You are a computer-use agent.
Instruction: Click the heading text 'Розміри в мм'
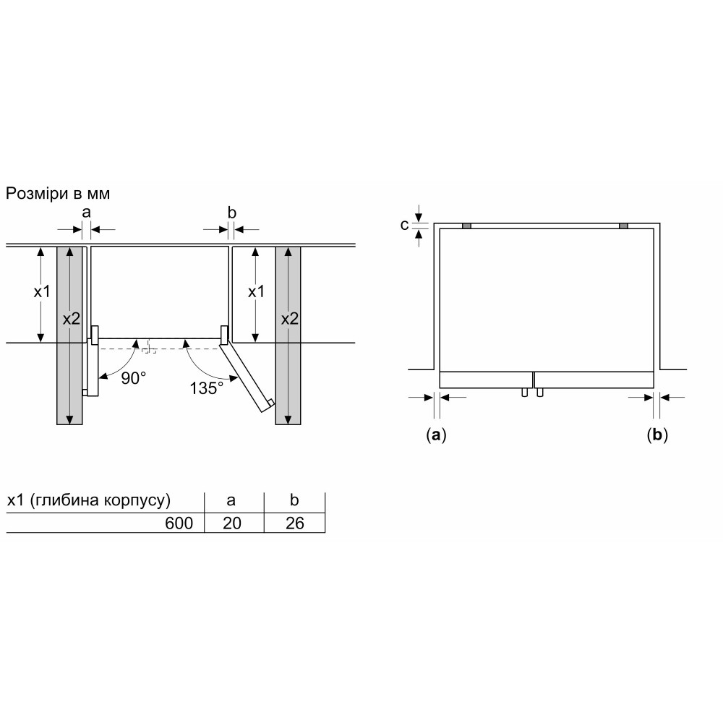pyautogui.click(x=58, y=194)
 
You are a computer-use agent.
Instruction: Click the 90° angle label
pyautogui.click(x=134, y=379)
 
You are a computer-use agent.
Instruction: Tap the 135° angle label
pyautogui.click(x=207, y=388)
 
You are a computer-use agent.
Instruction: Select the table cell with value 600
pyautogui.click(x=179, y=523)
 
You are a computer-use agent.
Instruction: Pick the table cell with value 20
pyautogui.click(x=232, y=523)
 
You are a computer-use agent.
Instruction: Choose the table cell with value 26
pyautogui.click(x=295, y=523)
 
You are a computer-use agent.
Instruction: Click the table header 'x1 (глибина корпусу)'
pyautogui.click(x=88, y=500)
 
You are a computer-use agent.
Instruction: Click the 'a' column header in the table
pyautogui.click(x=231, y=500)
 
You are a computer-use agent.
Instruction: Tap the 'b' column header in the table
pyautogui.click(x=294, y=500)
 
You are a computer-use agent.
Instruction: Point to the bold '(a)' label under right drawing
pyautogui.click(x=436, y=435)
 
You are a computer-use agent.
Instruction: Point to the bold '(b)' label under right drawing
pyautogui.click(x=657, y=435)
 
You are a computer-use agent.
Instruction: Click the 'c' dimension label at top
pyautogui.click(x=404, y=225)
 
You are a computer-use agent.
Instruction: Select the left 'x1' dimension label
pyautogui.click(x=42, y=291)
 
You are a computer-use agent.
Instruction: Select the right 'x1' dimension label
pyautogui.click(x=257, y=291)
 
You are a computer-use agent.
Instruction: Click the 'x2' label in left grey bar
pyautogui.click(x=72, y=319)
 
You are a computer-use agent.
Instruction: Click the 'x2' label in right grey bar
pyautogui.click(x=290, y=319)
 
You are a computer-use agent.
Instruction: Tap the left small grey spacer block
pyautogui.click(x=466, y=226)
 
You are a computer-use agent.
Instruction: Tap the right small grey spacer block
pyautogui.click(x=623, y=226)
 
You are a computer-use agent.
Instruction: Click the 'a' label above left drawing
pyautogui.click(x=86, y=213)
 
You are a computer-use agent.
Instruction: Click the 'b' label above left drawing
pyautogui.click(x=232, y=212)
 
